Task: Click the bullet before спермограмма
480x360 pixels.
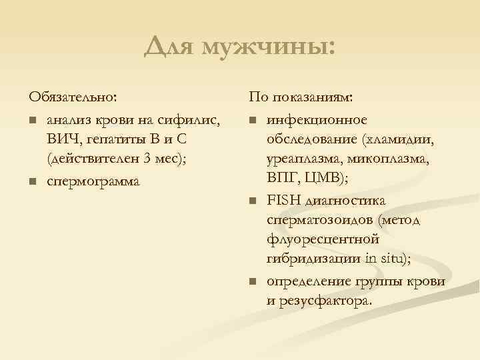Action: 31,181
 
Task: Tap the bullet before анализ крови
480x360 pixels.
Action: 31,121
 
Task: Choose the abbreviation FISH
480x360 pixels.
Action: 285,201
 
